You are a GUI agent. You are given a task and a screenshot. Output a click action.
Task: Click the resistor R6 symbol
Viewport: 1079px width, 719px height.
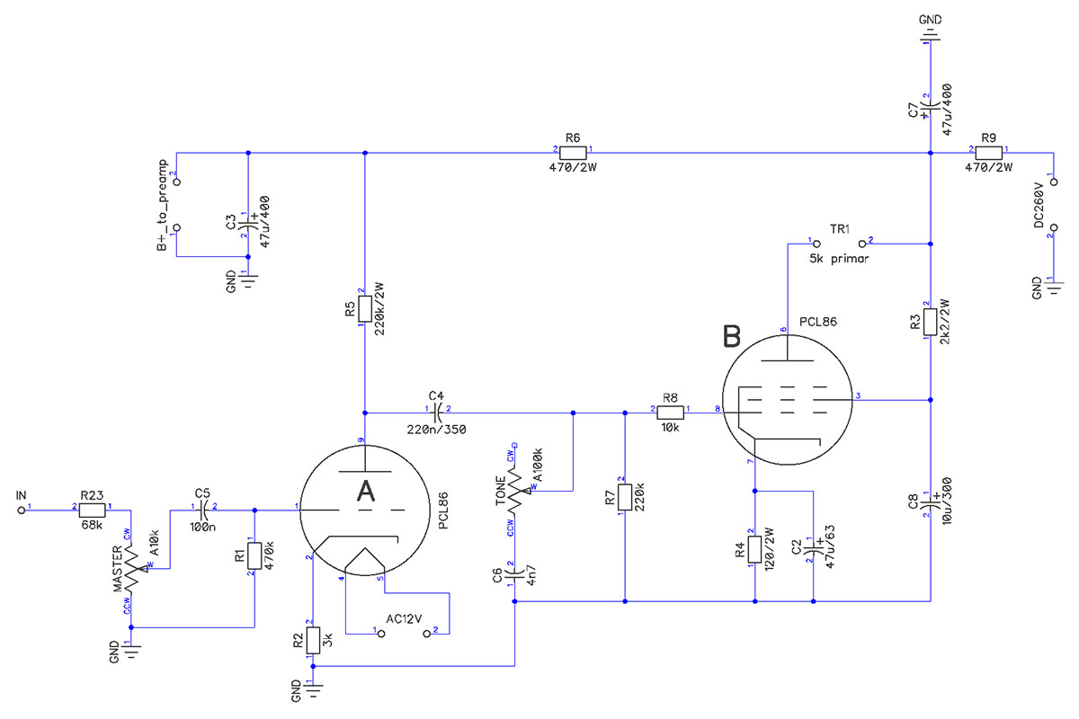(x=573, y=152)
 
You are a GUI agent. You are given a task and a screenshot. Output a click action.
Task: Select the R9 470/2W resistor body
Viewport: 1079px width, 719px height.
(x=988, y=152)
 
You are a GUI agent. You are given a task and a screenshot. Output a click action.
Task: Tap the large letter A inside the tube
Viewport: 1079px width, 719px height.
(x=366, y=491)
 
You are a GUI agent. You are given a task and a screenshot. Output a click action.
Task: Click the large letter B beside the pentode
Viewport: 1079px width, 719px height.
(x=733, y=337)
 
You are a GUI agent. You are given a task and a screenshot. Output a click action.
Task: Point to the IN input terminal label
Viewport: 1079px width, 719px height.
(x=22, y=495)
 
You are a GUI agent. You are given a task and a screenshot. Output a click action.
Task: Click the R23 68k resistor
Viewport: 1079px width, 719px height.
(x=90, y=510)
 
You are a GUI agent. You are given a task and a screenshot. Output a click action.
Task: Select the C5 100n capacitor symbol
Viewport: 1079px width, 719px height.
(x=202, y=510)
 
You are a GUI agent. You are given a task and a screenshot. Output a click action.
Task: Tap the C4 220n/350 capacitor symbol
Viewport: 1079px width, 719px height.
(x=437, y=413)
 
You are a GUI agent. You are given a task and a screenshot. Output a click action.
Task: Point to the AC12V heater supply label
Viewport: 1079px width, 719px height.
(x=404, y=619)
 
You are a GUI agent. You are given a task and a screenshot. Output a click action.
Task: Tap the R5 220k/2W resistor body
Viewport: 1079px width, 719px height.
(x=364, y=309)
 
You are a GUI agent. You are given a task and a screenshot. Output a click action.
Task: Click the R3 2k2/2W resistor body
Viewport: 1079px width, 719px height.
(x=930, y=322)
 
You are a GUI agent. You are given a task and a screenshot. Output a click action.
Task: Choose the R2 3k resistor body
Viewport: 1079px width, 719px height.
(x=311, y=640)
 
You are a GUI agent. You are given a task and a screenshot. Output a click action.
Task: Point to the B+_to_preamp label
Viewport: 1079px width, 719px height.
(x=163, y=206)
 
